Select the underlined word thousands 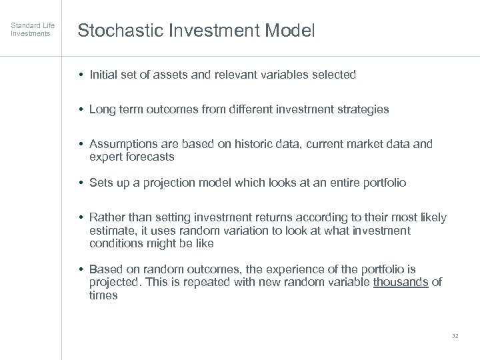(401, 282)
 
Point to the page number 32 (455, 336)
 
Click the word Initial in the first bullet (103, 75)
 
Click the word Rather (105, 218)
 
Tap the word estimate (110, 231)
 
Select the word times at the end (103, 295)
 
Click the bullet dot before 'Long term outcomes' (80, 109)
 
